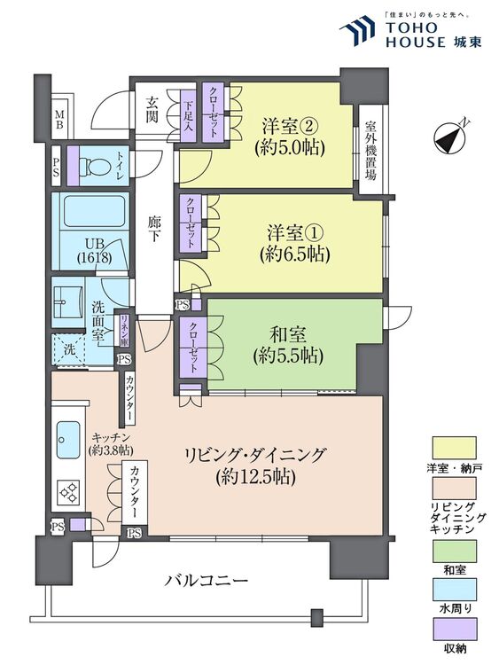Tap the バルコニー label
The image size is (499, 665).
click(x=207, y=581)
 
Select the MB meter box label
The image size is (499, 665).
click(x=59, y=119)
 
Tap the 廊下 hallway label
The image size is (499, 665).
click(x=156, y=233)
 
